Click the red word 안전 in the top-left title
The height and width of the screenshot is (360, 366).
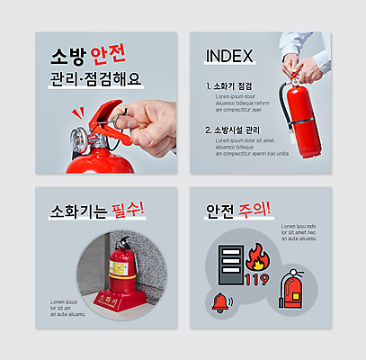pyautogui.click(x=110, y=54)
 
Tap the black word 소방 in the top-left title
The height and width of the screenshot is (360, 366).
pyautogui.click(x=69, y=54)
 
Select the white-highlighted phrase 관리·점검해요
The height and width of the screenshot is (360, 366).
pyautogui.click(x=95, y=79)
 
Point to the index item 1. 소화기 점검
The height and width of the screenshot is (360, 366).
pyautogui.click(x=228, y=86)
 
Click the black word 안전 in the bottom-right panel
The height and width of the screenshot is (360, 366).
pyautogui.click(x=219, y=211)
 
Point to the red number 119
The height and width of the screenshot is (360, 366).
pyautogui.click(x=256, y=279)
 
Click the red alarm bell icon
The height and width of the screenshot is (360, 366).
pyautogui.click(x=219, y=303)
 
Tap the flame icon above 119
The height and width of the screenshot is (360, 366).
pyautogui.click(x=256, y=257)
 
